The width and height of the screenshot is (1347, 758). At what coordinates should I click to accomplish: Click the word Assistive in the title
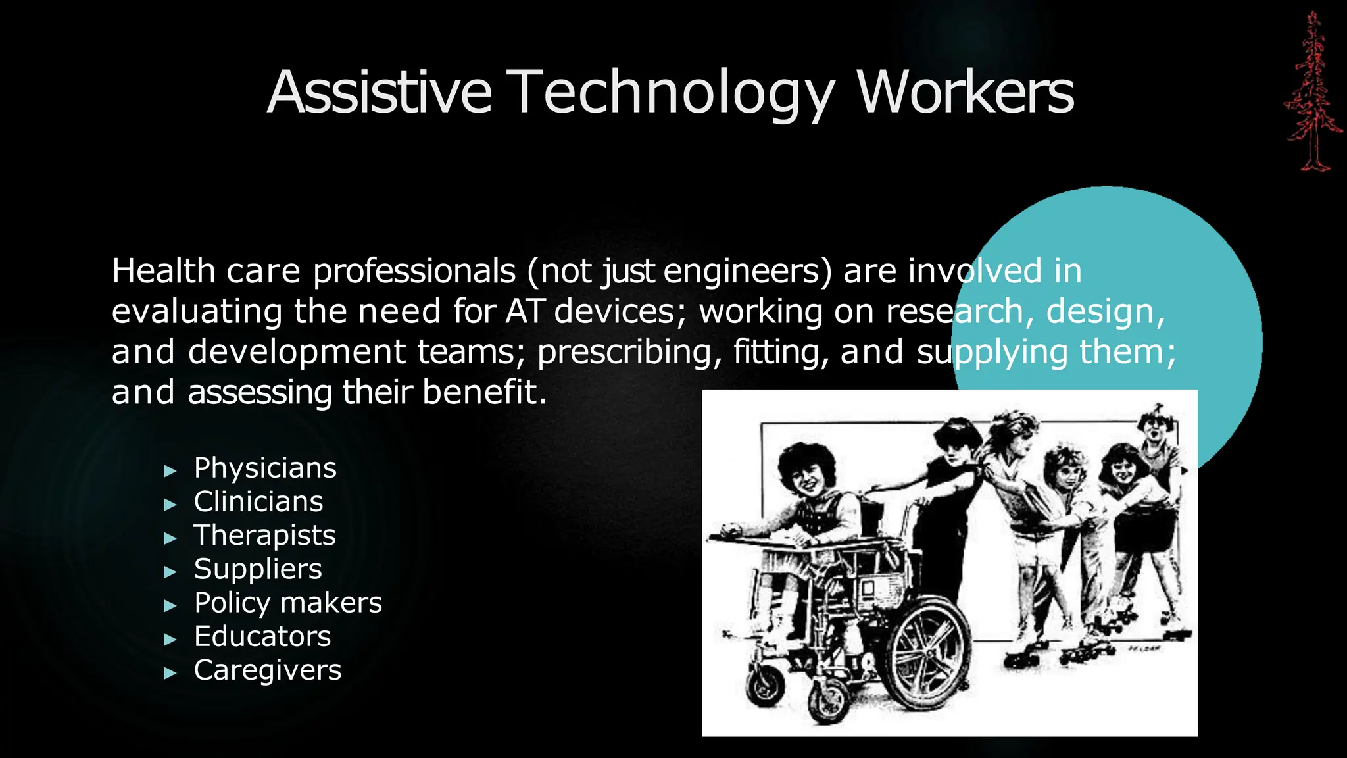(380, 92)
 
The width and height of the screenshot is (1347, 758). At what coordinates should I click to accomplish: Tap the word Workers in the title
(965, 92)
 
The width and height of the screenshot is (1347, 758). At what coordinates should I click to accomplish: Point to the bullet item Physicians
(265, 468)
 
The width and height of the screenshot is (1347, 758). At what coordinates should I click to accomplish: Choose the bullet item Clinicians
(258, 501)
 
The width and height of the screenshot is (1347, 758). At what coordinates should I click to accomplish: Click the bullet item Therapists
(264, 535)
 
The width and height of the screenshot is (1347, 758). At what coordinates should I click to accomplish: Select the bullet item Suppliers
(258, 569)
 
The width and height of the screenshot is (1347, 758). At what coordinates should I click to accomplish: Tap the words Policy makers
(288, 603)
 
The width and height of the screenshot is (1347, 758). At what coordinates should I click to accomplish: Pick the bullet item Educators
(262, 636)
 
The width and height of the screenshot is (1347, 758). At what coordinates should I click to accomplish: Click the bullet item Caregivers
(268, 670)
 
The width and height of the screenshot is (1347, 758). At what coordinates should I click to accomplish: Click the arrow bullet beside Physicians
(170, 470)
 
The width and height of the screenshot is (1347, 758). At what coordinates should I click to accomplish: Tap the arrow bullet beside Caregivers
(170, 672)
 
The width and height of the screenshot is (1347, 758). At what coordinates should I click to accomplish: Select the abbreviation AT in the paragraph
(524, 311)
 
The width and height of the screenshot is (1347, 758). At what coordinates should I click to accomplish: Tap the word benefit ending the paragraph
(484, 392)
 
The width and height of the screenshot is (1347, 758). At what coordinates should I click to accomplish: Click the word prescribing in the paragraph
(624, 352)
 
